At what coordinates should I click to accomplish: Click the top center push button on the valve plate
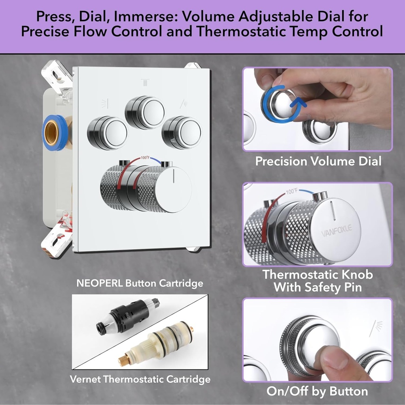click(145, 112)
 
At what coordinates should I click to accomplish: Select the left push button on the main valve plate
click(108, 133)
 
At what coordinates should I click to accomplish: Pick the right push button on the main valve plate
click(182, 132)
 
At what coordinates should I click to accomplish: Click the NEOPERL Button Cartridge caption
click(140, 283)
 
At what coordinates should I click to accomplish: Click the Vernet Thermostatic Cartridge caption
click(140, 379)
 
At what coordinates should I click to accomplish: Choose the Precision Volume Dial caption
click(318, 161)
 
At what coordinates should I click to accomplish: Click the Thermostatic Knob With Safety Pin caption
click(318, 280)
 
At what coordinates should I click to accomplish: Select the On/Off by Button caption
click(317, 391)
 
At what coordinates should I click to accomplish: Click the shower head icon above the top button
click(145, 82)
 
